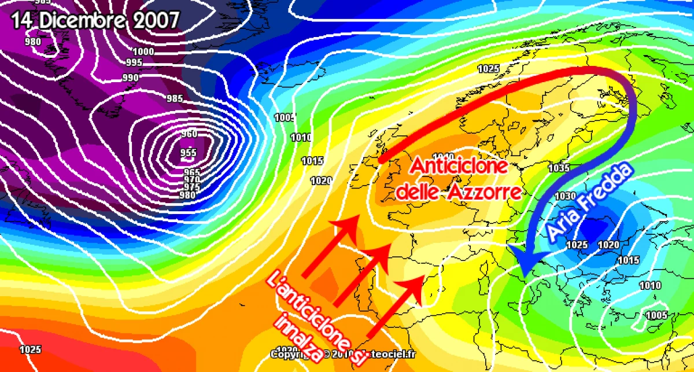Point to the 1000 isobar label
(143, 51)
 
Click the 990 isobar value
(130, 78)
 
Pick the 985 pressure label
(174, 98)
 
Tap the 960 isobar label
(189, 134)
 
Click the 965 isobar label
(191, 172)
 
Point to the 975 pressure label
(191, 187)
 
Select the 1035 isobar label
(559, 168)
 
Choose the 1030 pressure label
(565, 196)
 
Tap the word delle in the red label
(416, 191)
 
